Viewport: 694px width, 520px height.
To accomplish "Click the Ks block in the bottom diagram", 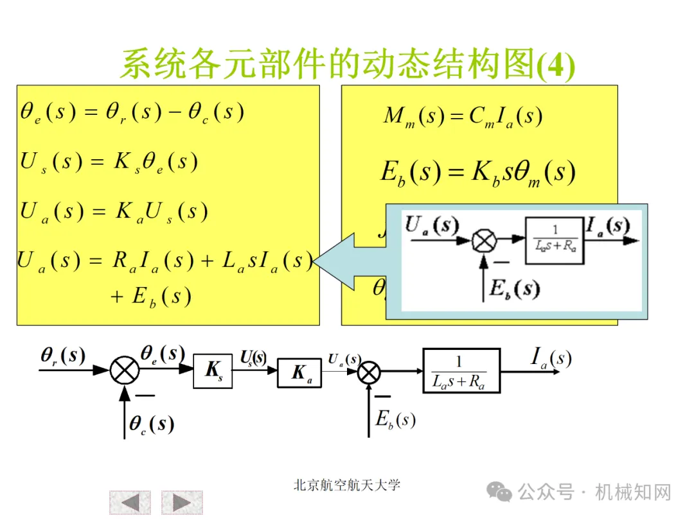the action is (x=213, y=370).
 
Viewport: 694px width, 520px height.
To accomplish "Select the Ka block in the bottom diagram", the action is (x=299, y=373).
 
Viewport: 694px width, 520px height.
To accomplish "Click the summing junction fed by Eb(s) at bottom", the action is (x=369, y=372).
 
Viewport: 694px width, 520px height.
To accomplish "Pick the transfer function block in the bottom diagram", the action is (x=461, y=371).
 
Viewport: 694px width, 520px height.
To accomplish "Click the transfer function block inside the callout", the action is (x=555, y=241).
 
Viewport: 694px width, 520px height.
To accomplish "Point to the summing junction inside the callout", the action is (x=483, y=241).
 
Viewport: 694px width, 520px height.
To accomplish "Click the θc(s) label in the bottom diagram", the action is (x=152, y=424).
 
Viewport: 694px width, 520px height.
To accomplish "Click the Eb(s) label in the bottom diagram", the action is (x=396, y=420).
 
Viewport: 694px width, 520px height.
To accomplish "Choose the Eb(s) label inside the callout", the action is (x=514, y=289).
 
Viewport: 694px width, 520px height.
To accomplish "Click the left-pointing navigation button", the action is (x=130, y=502).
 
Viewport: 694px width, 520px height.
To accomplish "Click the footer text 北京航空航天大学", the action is (x=346, y=485).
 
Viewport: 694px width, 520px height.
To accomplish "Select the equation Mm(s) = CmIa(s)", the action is (x=463, y=116).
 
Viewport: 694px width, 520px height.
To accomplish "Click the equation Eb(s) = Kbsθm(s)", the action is (x=477, y=172).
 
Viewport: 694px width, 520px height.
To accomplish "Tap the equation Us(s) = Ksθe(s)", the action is (x=109, y=161).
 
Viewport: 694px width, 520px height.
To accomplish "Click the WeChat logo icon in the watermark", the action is (x=499, y=492).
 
